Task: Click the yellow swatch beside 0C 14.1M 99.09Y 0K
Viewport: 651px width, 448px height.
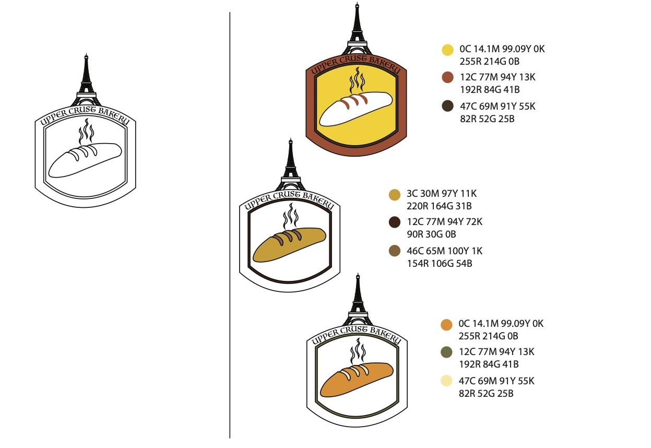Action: click(447, 50)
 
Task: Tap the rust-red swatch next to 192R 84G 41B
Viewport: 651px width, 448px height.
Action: click(447, 78)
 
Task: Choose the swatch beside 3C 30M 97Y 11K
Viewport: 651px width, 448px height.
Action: click(395, 194)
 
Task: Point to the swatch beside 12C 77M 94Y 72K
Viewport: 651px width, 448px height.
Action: click(395, 222)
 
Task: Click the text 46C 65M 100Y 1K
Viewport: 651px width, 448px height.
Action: click(444, 251)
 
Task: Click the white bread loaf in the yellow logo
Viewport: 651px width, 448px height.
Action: click(355, 109)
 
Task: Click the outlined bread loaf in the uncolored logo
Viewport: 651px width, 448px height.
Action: click(85, 160)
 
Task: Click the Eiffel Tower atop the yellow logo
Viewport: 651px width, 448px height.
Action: click(357, 29)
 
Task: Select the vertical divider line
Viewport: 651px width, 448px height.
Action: click(230, 225)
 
